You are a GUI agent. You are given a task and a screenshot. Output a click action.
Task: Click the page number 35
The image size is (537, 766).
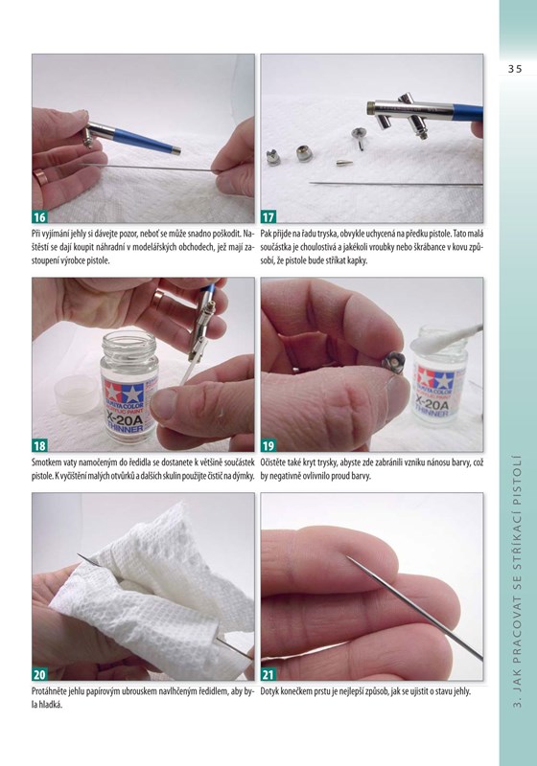point(515,69)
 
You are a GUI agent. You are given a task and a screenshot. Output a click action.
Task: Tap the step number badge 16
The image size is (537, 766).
point(39,216)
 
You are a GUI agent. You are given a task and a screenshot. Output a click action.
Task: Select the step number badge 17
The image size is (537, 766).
point(268,216)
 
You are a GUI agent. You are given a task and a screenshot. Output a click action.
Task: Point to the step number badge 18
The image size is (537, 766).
point(39,445)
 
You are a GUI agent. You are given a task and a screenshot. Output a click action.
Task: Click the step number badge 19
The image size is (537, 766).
point(268,445)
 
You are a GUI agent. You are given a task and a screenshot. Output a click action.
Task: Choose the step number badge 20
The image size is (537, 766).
point(39,674)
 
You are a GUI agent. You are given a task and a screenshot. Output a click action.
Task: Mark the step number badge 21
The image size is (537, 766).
point(268,674)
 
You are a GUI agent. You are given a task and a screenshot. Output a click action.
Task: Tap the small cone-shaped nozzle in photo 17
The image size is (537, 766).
point(344,162)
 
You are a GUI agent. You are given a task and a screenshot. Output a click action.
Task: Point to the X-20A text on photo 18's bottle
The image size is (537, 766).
point(125,418)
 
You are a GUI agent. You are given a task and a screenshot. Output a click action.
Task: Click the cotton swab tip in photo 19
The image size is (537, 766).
point(431,341)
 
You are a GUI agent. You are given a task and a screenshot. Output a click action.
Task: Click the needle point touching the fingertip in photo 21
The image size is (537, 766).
point(349,558)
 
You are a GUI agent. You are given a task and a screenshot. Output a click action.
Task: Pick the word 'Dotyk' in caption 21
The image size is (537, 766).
point(270,691)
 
